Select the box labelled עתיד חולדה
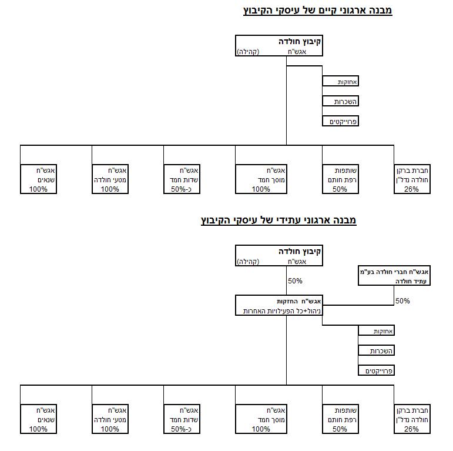pyautogui.click(x=394, y=276)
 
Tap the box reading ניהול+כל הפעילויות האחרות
pyautogui.click(x=279, y=305)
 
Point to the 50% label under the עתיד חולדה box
pyautogui.click(x=402, y=301)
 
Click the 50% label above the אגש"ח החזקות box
pyautogui.click(x=295, y=280)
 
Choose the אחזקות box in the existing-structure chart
pyautogui.click(x=340, y=81)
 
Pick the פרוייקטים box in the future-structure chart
pyautogui.click(x=376, y=370)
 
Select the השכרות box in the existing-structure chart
pyautogui.click(x=340, y=101)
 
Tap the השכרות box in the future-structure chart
pyautogui.click(x=376, y=350)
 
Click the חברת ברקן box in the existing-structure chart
pyautogui.click(x=412, y=179)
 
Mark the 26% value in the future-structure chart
pyautogui.click(x=411, y=429)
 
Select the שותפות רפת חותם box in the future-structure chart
pyautogui.click(x=340, y=419)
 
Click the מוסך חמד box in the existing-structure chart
pyautogui.click(x=261, y=179)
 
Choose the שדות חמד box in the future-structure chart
pyautogui.click(x=182, y=419)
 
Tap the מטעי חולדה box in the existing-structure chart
pyautogui.click(x=110, y=179)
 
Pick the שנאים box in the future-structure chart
pyautogui.click(x=38, y=419)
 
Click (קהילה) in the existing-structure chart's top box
pyautogui.click(x=248, y=52)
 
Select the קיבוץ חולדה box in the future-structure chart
pyautogui.click(x=279, y=256)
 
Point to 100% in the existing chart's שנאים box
pyautogui.click(x=38, y=189)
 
